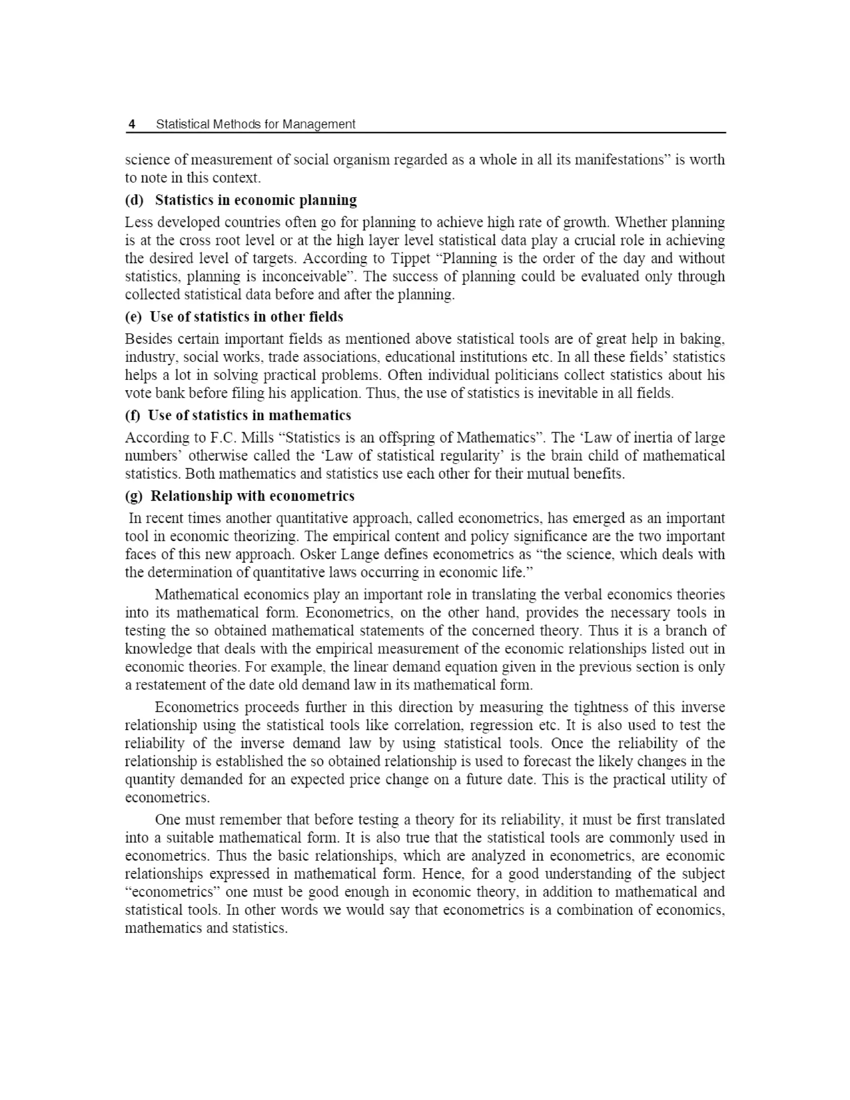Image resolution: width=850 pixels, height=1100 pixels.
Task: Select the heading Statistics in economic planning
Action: [256, 200]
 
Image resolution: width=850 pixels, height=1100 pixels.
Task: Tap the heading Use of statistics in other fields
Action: [246, 317]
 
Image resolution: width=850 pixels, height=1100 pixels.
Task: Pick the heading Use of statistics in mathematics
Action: [249, 416]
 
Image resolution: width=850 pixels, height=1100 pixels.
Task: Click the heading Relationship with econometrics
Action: [252, 496]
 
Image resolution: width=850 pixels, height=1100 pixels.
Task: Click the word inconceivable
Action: [305, 276]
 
